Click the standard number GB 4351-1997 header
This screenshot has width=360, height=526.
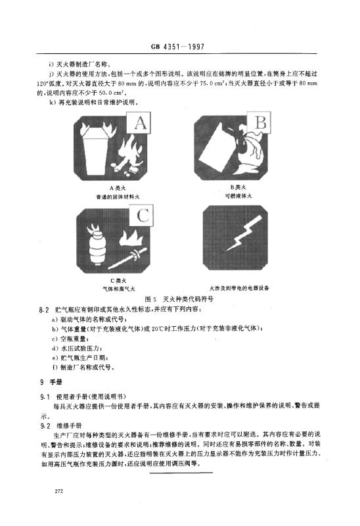pyautogui.click(x=177, y=47)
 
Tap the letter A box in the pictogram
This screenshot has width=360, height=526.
pyautogui.click(x=139, y=123)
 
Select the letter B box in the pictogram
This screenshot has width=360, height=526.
pyautogui.click(x=259, y=122)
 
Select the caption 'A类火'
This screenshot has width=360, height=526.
pyautogui.click(x=118, y=188)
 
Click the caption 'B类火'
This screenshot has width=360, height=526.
pyautogui.click(x=238, y=187)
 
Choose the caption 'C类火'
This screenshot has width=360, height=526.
pyautogui.click(x=118, y=281)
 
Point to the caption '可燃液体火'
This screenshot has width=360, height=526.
pyautogui.click(x=238, y=196)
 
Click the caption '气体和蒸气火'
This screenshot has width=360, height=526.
pyautogui.click(x=119, y=289)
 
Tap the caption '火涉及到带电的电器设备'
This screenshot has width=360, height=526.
pyautogui.click(x=239, y=288)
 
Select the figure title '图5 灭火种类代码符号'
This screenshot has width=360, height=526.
pyautogui.click(x=179, y=299)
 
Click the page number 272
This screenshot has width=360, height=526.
pyautogui.click(x=58, y=491)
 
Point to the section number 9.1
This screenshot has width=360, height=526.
pyautogui.click(x=45, y=397)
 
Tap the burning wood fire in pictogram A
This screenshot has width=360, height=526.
pyautogui.click(x=129, y=155)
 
